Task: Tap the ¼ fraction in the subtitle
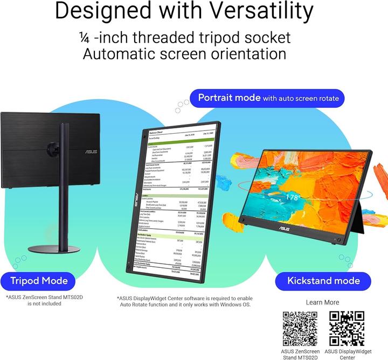[x=84, y=37]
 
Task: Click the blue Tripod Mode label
[x=39, y=280]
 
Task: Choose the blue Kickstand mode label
[x=316, y=280]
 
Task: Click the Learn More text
[x=322, y=302]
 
